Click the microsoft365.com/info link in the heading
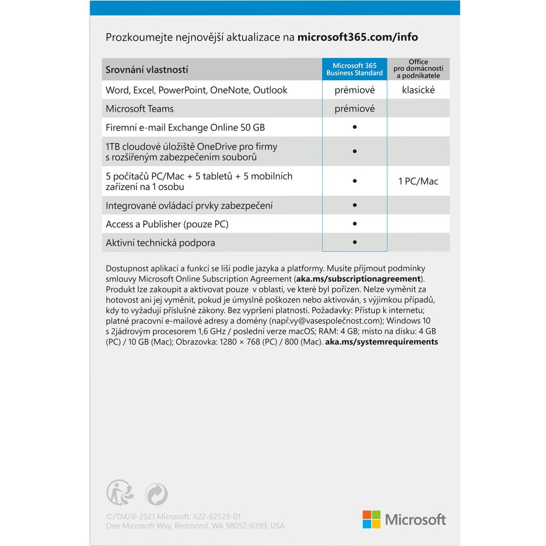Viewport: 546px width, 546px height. pos(358,37)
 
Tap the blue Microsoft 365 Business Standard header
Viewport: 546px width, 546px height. pos(354,69)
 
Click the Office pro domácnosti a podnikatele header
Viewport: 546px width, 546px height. pos(418,69)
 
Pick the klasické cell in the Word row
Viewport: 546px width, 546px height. pos(418,90)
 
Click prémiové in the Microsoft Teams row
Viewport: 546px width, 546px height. pos(354,109)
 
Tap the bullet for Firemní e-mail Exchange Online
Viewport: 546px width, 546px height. pos(354,127)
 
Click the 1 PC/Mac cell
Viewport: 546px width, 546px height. pos(418,181)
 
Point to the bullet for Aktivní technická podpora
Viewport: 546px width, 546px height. pos(354,242)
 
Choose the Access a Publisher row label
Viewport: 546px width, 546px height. pos(167,224)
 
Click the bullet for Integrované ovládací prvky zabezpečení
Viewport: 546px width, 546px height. pos(354,205)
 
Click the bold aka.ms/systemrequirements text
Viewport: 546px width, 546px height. pos(381,342)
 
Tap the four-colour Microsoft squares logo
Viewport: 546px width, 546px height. pos(371,519)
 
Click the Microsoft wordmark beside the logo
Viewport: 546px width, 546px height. pos(416,519)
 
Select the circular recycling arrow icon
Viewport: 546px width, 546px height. pos(156,495)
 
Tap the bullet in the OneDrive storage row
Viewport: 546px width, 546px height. pos(354,151)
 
